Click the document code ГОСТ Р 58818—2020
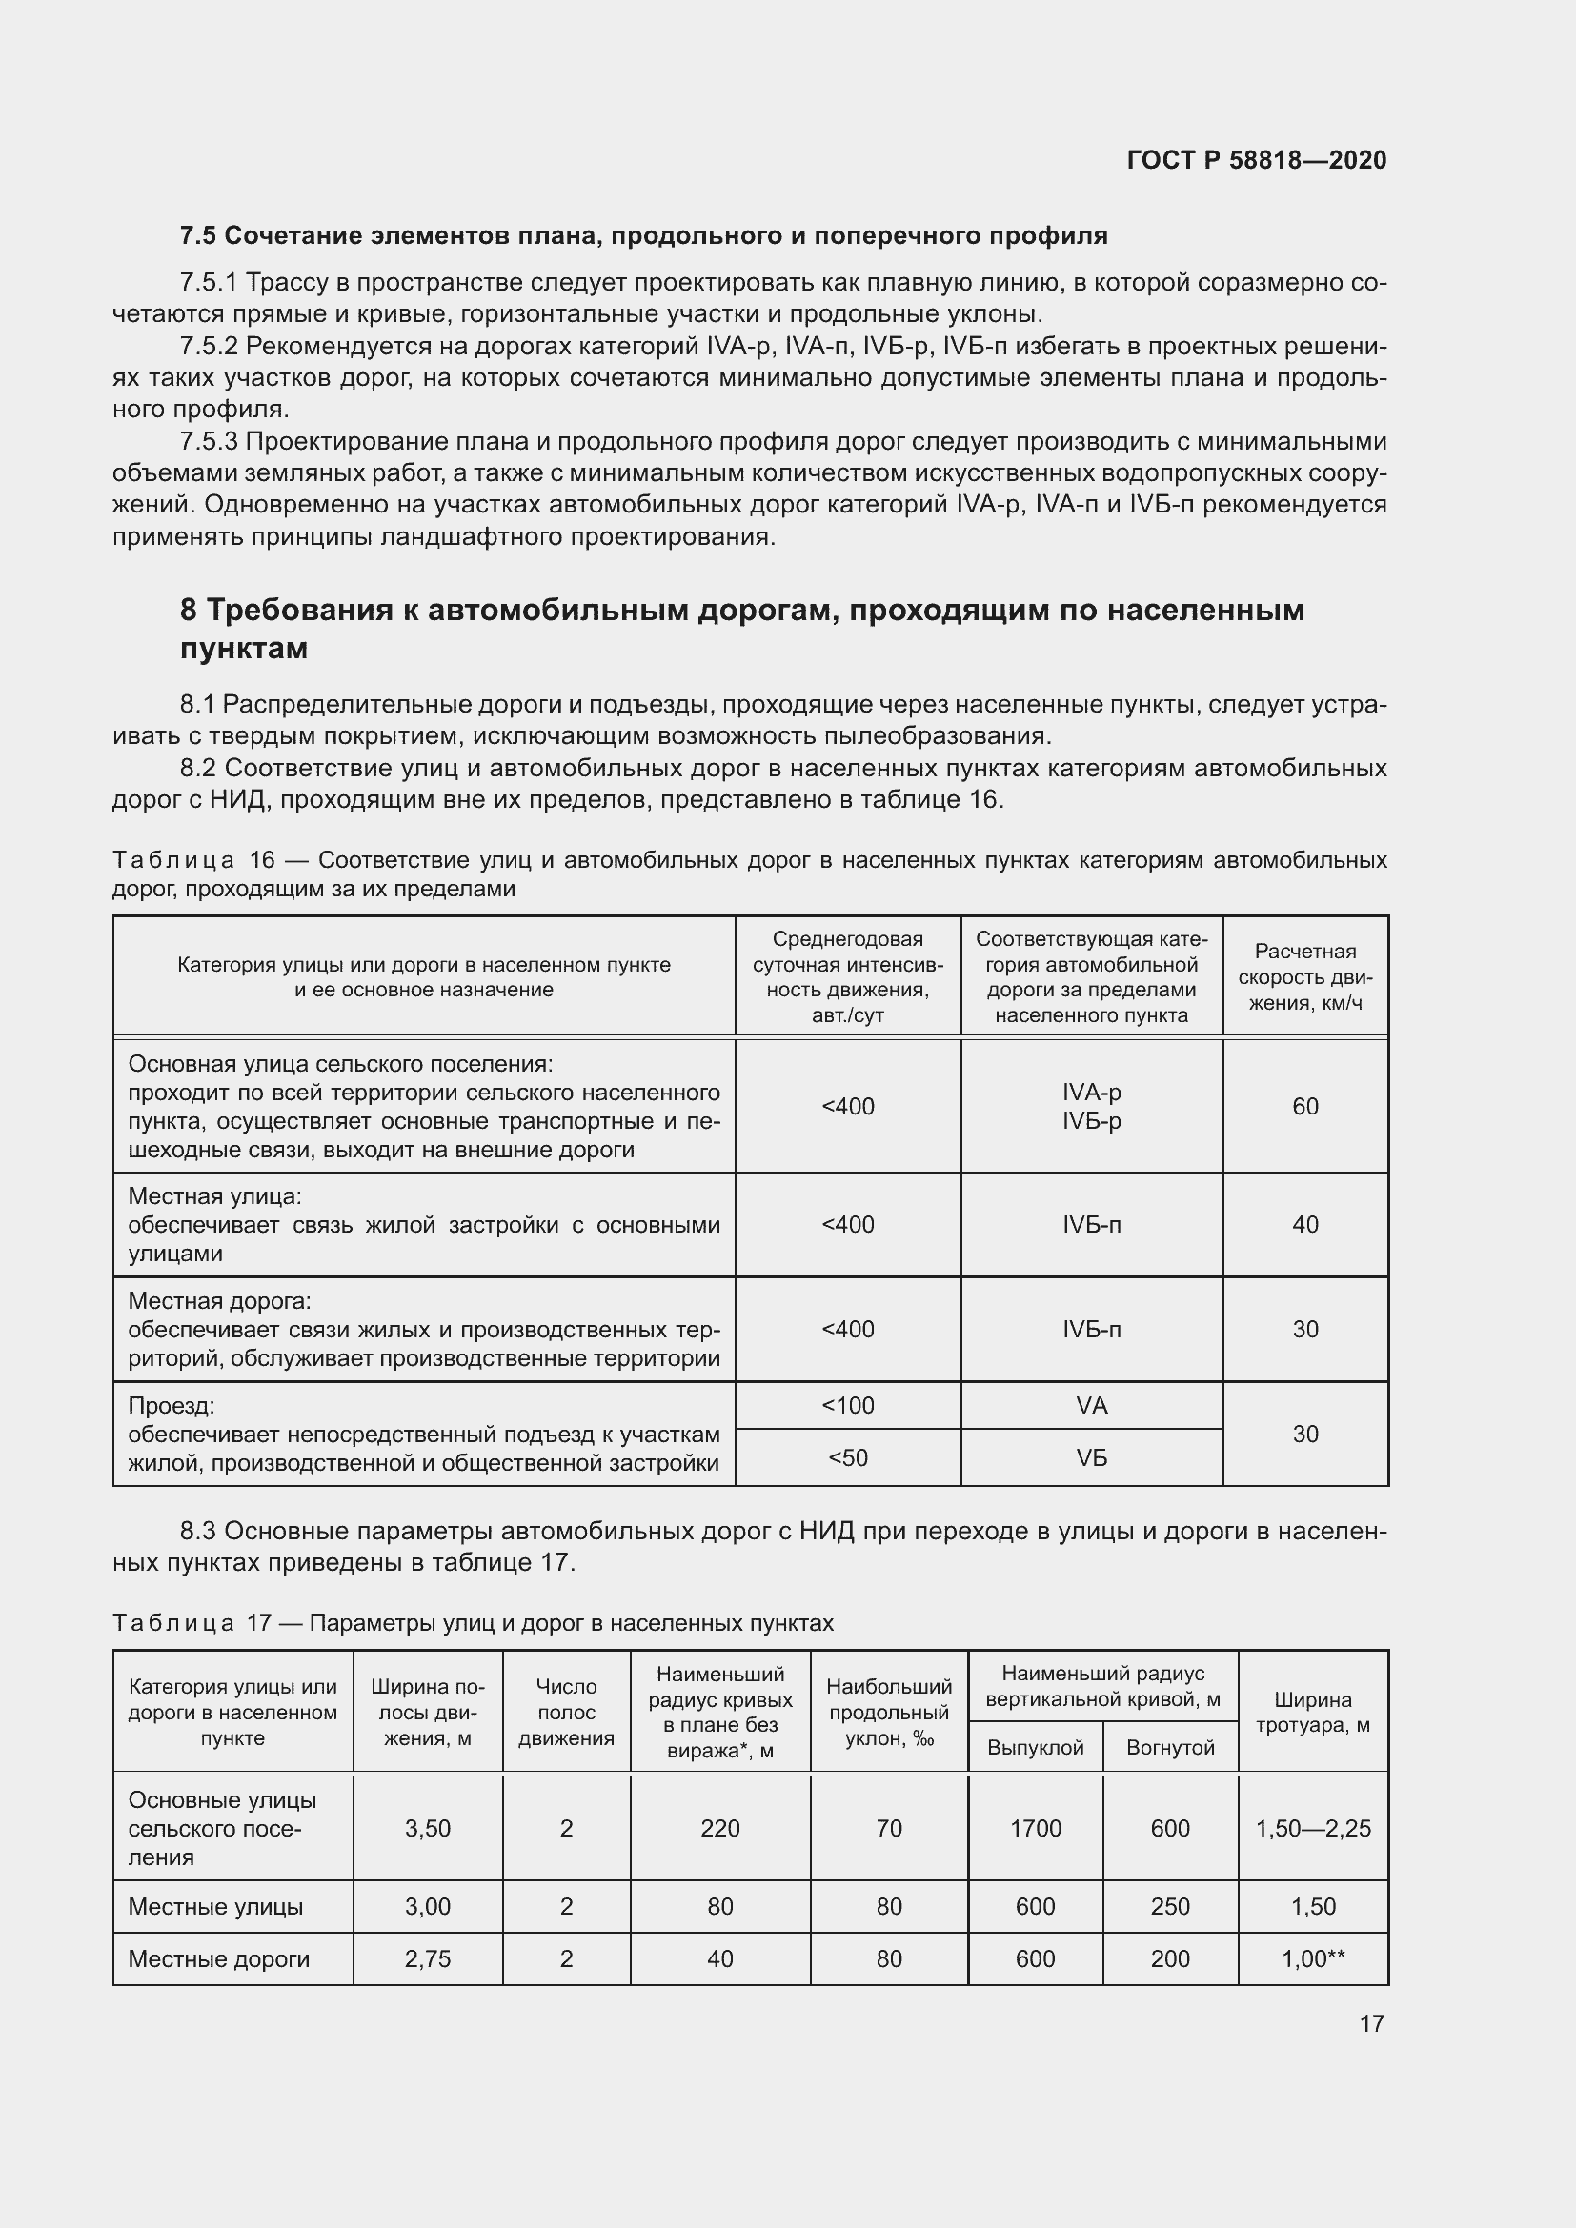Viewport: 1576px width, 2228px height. tap(1256, 160)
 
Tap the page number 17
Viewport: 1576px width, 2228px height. tap(1371, 2023)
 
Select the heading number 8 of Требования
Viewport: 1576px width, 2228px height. tap(189, 611)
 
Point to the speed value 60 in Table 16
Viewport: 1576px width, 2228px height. tap(1304, 1106)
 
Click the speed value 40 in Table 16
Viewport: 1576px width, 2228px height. tap(1304, 1225)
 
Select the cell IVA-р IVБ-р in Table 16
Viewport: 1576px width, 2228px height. tap(1091, 1106)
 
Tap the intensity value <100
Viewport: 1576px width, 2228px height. tap(847, 1406)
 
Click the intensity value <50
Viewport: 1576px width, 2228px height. tap(847, 1458)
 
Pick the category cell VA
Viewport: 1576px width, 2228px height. tap(1091, 1406)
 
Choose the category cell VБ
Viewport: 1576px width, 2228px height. tap(1091, 1458)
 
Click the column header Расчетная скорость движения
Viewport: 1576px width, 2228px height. tap(1304, 977)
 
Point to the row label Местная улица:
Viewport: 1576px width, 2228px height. tap(214, 1196)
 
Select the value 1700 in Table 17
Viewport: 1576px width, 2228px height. tap(1035, 1829)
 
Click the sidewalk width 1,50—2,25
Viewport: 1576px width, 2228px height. tap(1312, 1829)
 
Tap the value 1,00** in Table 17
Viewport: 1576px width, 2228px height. tap(1312, 1959)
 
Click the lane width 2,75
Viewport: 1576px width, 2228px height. tap(427, 1959)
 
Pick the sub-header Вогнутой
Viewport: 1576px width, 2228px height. tap(1169, 1749)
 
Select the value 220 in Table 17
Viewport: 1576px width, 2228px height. tap(719, 1829)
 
